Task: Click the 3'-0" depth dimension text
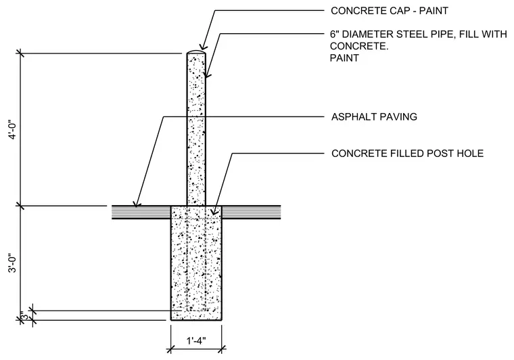coord(14,263)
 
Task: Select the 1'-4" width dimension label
coord(196,341)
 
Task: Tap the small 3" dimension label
coord(24,316)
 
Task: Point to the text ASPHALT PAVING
coord(374,116)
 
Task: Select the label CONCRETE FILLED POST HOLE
coord(407,154)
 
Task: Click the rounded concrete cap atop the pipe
coord(196,52)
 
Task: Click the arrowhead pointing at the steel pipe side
coord(207,74)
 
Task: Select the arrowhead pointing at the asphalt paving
coord(137,203)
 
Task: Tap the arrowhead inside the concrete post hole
coord(214,212)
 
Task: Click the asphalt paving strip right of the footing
coord(252,212)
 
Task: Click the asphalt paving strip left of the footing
coord(141,212)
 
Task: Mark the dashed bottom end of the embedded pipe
coord(196,311)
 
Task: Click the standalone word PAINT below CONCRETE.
coord(344,58)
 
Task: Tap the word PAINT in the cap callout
coord(434,11)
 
